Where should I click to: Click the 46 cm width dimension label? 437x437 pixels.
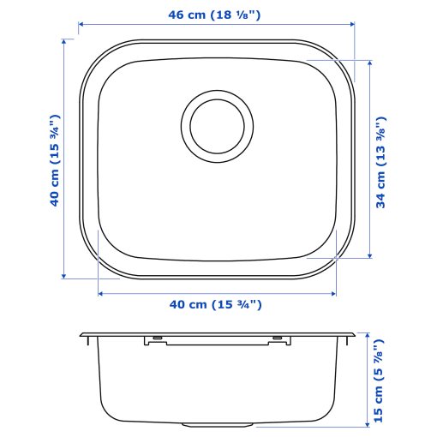[x=215, y=14]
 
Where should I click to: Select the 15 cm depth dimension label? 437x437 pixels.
[x=380, y=380]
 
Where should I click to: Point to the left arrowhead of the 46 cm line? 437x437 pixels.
[x=82, y=25]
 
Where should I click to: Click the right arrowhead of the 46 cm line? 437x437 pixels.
[x=354, y=25]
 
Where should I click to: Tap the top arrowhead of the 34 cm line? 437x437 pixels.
[x=369, y=63]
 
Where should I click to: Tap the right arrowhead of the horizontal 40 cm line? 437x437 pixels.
[x=334, y=293]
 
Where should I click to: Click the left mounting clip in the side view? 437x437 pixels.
[x=156, y=340]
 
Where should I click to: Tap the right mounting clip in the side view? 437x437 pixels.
[x=277, y=340]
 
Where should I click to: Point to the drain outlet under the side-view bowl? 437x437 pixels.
[x=218, y=423]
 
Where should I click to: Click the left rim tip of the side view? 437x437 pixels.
[x=82, y=335]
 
